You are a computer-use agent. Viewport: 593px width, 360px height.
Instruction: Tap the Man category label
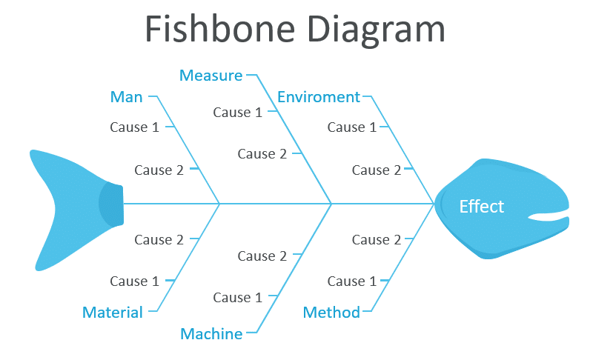tap(126, 97)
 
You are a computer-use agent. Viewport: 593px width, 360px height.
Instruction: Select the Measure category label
tap(211, 76)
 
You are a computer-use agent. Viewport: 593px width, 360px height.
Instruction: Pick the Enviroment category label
tap(319, 97)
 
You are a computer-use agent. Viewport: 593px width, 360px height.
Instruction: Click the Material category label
tap(113, 312)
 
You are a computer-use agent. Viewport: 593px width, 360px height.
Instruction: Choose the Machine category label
tap(211, 334)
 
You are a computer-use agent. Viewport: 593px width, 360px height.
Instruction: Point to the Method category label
tap(331, 312)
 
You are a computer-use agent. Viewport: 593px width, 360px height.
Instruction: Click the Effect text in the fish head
tap(481, 207)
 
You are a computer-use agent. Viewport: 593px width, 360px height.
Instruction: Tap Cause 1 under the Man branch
tap(134, 127)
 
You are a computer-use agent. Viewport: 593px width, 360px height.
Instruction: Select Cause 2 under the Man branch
tap(159, 170)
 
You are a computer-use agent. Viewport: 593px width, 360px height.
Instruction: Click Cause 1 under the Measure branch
tap(237, 113)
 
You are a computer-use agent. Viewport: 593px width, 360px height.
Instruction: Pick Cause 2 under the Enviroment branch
tap(376, 170)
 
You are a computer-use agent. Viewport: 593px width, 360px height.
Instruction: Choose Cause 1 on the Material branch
tap(134, 281)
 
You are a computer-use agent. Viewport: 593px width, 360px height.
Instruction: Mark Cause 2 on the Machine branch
tap(262, 256)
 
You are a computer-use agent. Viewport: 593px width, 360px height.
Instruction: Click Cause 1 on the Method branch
tap(351, 281)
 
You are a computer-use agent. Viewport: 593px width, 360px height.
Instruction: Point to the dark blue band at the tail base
tap(111, 203)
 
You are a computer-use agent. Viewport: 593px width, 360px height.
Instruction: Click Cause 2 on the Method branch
tap(376, 240)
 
